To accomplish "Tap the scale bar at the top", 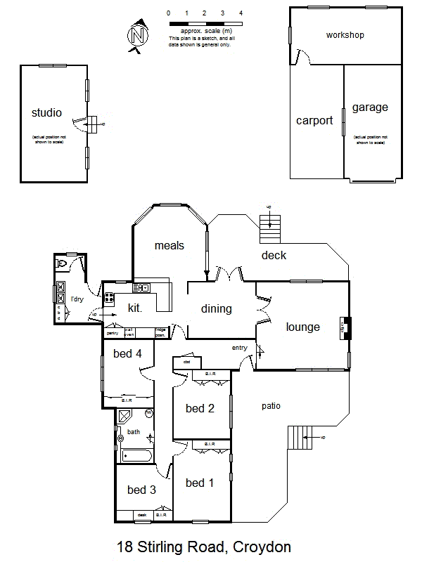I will tap(205, 24).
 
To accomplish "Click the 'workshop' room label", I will tap(345, 35).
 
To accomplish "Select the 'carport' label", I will tap(314, 121).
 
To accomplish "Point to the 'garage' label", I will tap(370, 107).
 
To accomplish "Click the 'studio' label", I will tap(47, 112).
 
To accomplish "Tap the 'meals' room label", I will tap(170, 245).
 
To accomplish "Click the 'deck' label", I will tap(274, 255).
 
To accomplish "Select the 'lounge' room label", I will tap(303, 327).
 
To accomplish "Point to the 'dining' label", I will tap(217, 308).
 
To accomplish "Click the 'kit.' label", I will tap(135, 308).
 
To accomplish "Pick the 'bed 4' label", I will tap(128, 353).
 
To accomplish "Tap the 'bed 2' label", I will tap(200, 408).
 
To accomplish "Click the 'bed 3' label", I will tap(141, 490).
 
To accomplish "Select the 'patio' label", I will tap(271, 405).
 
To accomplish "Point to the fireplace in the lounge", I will tap(345, 327).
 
